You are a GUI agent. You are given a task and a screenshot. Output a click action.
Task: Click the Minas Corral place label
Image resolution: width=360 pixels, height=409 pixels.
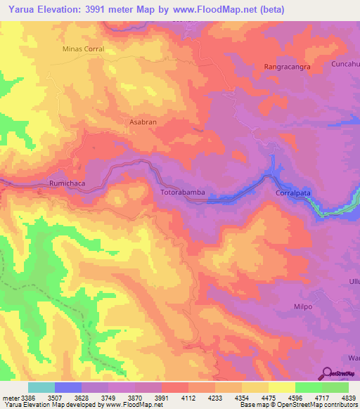[x=83, y=49]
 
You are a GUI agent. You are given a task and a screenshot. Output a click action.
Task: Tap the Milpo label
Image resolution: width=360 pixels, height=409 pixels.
[x=302, y=307]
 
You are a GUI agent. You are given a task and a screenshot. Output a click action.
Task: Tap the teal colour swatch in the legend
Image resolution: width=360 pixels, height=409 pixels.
[x=41, y=387]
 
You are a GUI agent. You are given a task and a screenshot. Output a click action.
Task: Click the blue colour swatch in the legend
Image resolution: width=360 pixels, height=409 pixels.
[x=68, y=387]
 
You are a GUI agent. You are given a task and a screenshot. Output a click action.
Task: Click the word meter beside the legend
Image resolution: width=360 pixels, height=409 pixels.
[x=10, y=397]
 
